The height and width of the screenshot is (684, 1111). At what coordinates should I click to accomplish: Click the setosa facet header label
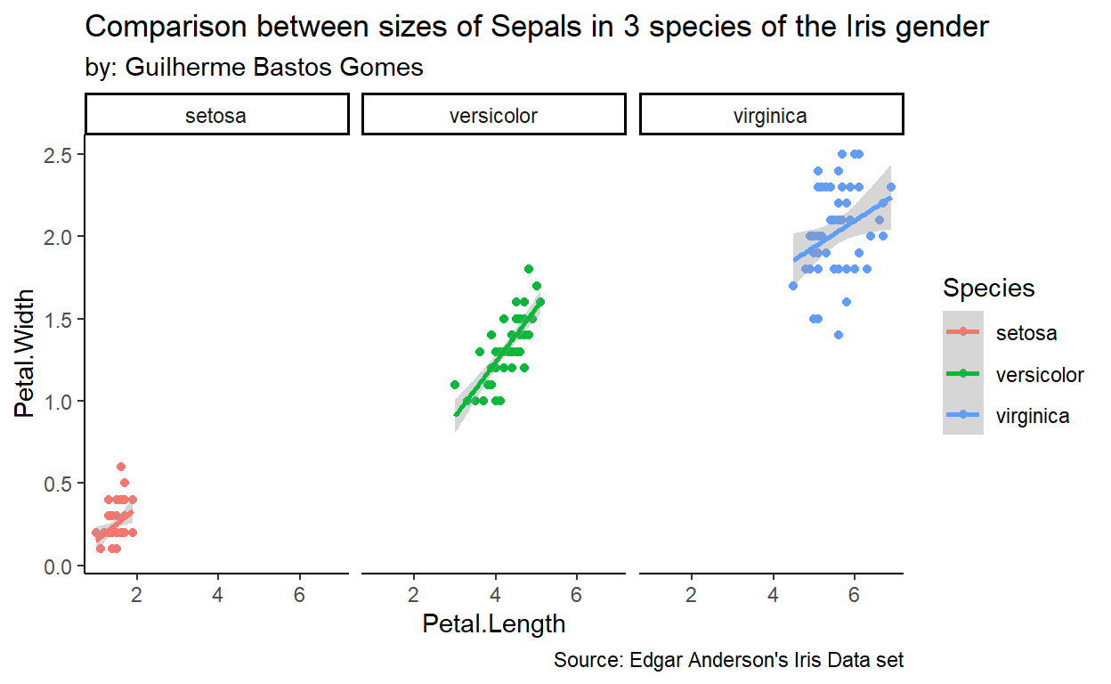click(216, 115)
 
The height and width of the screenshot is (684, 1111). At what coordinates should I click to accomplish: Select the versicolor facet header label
click(494, 115)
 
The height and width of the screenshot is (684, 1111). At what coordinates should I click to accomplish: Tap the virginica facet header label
click(771, 115)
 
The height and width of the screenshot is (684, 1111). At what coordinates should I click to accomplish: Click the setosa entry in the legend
click(1026, 333)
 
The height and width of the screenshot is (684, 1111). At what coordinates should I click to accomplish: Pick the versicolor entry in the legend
click(1040, 375)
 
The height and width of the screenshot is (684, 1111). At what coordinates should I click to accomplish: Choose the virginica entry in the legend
click(1033, 416)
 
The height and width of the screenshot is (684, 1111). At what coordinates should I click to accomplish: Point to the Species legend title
click(988, 288)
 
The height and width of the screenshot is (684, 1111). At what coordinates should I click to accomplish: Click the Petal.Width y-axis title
click(27, 353)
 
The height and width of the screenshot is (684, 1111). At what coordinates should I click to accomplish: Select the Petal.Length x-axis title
click(494, 623)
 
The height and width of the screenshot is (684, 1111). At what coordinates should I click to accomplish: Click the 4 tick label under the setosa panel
click(217, 594)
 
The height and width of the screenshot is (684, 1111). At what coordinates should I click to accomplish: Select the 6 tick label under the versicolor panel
click(577, 594)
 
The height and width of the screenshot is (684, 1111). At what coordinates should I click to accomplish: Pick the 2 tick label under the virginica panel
click(691, 594)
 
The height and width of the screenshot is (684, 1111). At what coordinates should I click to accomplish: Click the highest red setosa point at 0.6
click(121, 467)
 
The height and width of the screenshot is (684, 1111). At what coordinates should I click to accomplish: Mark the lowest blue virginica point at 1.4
click(838, 335)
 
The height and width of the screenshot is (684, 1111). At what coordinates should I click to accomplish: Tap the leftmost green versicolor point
click(455, 385)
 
